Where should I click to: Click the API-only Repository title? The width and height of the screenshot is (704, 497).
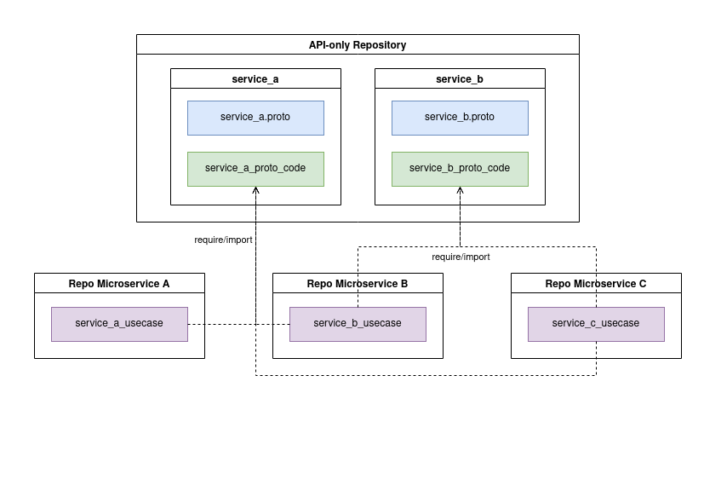point(358,45)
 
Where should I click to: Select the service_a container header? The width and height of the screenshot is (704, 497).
point(255,79)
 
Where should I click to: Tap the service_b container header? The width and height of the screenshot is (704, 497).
point(460,79)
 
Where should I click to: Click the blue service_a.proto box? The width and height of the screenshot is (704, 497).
point(255,118)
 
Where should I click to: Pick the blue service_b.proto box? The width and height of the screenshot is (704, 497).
point(460,118)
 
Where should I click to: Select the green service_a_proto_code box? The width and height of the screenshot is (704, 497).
point(255,169)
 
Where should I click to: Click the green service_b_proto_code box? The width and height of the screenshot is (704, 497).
point(460,169)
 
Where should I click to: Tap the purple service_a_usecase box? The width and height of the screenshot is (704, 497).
point(119,324)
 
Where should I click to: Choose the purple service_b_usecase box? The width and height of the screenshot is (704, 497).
point(358,324)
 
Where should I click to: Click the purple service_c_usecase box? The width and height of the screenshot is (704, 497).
point(596,324)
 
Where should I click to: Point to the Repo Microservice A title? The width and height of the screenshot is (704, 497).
point(119,284)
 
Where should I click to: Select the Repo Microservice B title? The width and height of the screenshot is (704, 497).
point(358,284)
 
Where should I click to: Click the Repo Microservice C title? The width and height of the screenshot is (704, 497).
point(596,284)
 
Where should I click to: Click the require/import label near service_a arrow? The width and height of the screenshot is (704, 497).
point(223,240)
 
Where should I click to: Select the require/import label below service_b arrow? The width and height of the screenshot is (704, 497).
point(461,257)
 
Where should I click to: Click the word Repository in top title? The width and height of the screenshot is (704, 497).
point(380,45)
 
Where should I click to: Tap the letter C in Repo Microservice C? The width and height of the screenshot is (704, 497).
point(642,284)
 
